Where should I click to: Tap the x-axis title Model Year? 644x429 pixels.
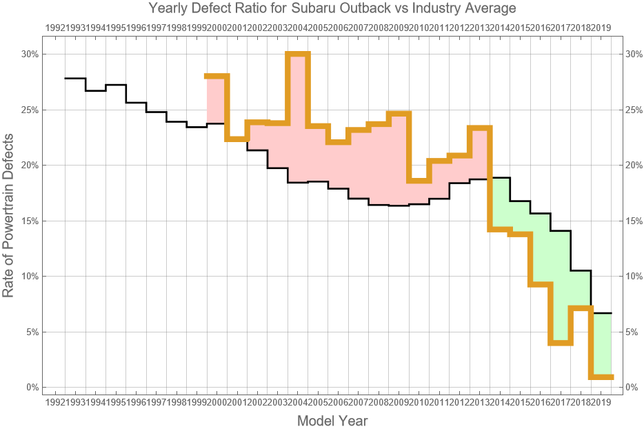[332, 421]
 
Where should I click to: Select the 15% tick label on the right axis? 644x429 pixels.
[634, 221]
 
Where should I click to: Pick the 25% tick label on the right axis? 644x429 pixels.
[634, 110]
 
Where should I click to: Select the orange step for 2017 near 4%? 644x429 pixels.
[561, 343]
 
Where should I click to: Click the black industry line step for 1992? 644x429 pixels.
[75, 79]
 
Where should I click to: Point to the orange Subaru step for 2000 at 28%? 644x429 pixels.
[217, 76]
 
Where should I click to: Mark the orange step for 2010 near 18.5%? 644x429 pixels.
[419, 181]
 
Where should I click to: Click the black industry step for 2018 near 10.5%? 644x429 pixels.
[581, 270]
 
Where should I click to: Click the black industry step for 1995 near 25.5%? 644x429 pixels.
[136, 103]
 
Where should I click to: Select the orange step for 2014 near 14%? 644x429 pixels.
[500, 230]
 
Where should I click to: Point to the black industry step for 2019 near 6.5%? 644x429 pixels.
[602, 314]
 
